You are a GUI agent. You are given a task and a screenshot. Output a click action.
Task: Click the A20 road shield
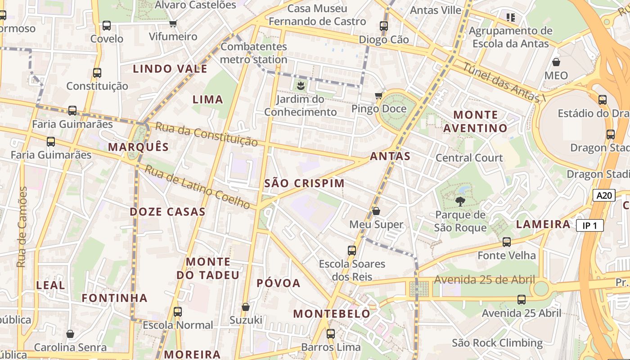pos(604,195)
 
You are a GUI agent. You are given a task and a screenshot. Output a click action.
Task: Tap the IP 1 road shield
pos(589,225)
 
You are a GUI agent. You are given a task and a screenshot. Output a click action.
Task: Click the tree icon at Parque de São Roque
pos(460,201)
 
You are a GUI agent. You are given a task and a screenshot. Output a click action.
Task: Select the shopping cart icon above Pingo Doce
pos(378,95)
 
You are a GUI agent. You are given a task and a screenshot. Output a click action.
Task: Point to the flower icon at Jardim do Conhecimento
pos(300,85)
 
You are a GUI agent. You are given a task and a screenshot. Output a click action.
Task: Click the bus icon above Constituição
pos(97,72)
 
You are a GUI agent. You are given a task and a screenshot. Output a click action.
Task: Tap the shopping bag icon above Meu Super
pos(376,211)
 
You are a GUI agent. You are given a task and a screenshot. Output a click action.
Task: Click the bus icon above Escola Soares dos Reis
pos(352,250)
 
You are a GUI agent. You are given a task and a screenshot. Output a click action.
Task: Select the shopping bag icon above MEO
pos(556,62)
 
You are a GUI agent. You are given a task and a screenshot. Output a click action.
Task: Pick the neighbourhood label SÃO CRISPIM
pos(304,183)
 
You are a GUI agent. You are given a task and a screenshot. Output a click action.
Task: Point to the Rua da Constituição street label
pos(207,134)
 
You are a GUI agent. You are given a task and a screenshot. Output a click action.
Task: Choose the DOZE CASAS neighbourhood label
pos(167,211)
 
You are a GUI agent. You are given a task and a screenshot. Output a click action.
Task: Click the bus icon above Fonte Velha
pos(507,242)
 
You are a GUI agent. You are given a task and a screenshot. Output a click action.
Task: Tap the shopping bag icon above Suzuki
pos(246,306)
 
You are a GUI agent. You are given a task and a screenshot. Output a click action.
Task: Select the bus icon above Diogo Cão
pos(384,26)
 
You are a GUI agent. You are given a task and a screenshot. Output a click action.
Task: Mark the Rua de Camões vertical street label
pos(22,227)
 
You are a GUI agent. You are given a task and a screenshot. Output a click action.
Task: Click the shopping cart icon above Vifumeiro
pos(173,23)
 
